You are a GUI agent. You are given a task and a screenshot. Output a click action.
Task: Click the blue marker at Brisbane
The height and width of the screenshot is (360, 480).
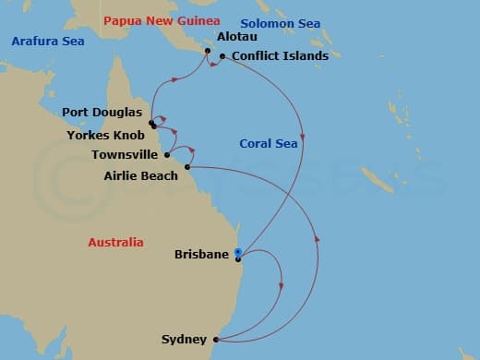(x=237, y=253)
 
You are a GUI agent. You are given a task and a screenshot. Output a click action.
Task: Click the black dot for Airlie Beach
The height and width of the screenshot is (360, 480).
(x=187, y=167)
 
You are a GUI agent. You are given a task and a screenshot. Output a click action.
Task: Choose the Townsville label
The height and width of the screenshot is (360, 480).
(x=125, y=155)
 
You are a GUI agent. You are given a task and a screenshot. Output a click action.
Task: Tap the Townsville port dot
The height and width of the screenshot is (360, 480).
(x=167, y=155)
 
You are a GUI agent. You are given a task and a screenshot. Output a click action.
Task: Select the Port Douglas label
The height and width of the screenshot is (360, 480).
(x=101, y=113)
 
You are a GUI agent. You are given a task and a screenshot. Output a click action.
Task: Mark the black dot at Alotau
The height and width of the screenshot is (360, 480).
(x=208, y=51)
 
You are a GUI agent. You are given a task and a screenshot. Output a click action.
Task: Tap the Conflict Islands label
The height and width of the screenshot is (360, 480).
(x=280, y=56)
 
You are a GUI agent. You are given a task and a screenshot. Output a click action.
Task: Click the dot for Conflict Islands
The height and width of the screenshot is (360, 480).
(x=223, y=56)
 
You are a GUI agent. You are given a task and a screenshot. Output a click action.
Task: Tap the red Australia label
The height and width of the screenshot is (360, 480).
(x=115, y=242)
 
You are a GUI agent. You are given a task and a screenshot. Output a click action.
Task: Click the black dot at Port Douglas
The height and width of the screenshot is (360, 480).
(x=150, y=121)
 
